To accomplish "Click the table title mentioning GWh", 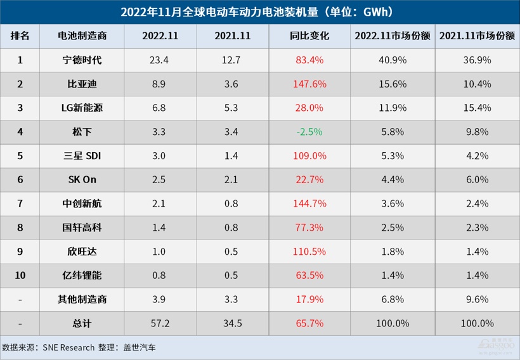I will tap(260, 12).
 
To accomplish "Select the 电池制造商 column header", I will tap(82, 36).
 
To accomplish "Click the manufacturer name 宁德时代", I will tap(82, 60).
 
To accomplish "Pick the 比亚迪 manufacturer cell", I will tap(82, 84).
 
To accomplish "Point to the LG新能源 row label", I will tap(82, 108).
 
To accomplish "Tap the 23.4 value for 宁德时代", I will tap(160, 60).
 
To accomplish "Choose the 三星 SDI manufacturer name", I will tap(82, 156).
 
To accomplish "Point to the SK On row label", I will tap(82, 180).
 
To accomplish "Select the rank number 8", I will tap(20, 228).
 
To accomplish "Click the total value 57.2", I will tap(160, 323).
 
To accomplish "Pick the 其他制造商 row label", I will tap(82, 299).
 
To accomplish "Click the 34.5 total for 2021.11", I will tap(233, 323).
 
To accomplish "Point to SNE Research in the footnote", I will tap(68, 347).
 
